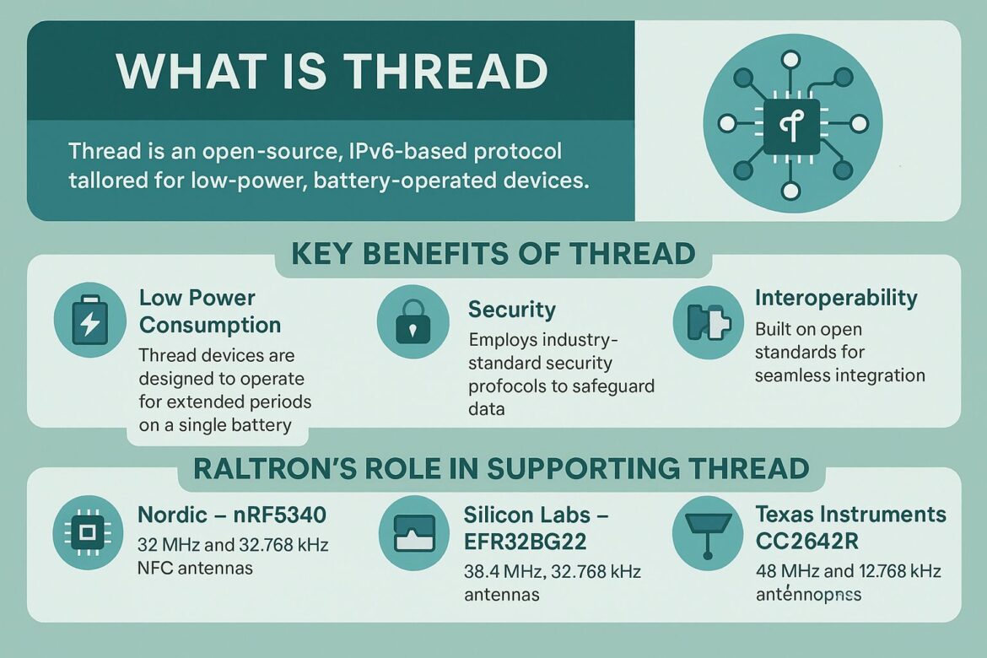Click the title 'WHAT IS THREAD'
click(332, 71)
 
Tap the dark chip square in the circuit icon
click(791, 125)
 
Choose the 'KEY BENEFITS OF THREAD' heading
click(493, 253)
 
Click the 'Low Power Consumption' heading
click(210, 311)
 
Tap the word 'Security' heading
click(512, 310)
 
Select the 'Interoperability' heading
click(836, 298)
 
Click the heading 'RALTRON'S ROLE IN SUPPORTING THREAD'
click(501, 468)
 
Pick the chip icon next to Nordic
click(88, 532)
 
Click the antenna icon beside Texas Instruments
click(707, 531)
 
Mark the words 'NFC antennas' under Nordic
click(195, 569)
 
